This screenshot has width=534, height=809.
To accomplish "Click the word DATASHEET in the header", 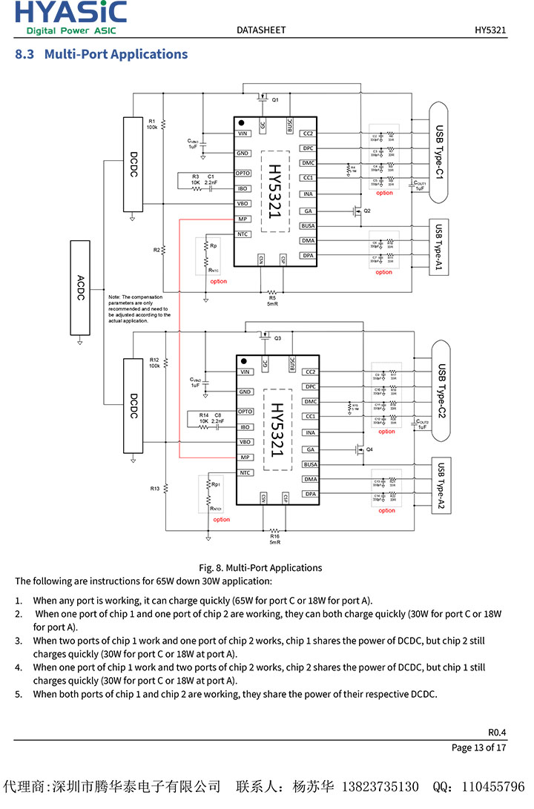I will tap(261, 30).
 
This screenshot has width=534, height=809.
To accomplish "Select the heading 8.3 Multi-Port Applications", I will tap(102, 54).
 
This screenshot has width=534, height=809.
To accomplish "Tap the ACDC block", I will tap(80, 287).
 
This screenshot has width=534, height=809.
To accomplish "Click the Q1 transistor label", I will tap(275, 100).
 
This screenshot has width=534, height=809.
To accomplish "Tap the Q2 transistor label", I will tap(366, 211).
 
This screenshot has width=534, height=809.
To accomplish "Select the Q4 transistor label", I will tap(369, 450).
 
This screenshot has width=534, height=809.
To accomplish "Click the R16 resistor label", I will tap(275, 539).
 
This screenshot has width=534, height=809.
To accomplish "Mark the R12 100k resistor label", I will tap(154, 363).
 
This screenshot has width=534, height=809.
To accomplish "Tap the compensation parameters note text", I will tap(139, 308).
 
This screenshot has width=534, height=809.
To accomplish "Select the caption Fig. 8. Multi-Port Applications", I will tap(260, 567).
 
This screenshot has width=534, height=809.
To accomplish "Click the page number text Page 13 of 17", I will tap(478, 747).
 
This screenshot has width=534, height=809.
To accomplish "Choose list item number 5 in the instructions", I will tap(234, 694).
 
